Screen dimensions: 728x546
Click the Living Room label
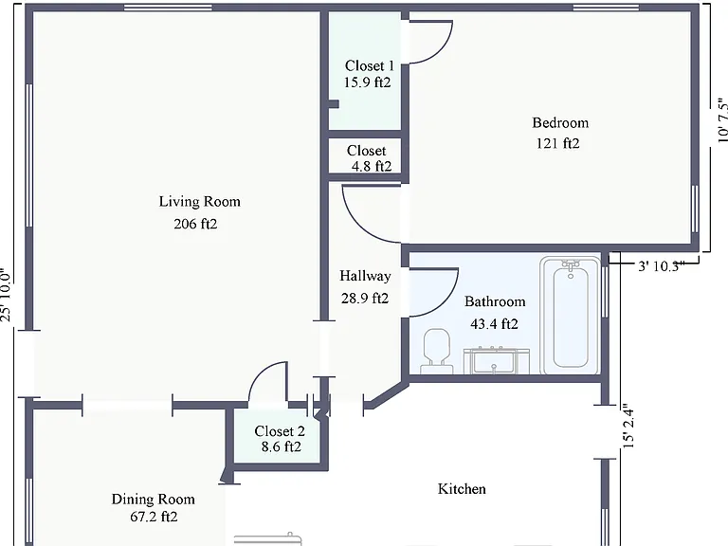coord(200,202)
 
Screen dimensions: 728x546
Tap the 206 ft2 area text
coord(195,224)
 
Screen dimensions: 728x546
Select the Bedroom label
coord(560,122)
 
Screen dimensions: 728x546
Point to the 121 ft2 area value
coord(557,143)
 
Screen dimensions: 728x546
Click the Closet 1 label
coord(369,65)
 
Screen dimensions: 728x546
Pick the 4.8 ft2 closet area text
coord(372,166)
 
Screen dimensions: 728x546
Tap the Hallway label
coord(365,276)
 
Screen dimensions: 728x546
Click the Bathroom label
coord(495,301)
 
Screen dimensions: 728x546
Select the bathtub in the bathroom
coord(570,316)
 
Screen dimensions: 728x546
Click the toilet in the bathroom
coord(437,351)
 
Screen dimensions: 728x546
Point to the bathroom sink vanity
coord(497,360)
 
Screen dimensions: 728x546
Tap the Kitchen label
coord(462,488)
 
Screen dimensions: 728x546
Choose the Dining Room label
coord(154,500)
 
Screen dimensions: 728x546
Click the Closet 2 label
coord(280,431)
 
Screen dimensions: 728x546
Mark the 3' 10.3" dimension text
coord(661,266)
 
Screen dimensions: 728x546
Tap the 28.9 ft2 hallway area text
coord(365,298)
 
